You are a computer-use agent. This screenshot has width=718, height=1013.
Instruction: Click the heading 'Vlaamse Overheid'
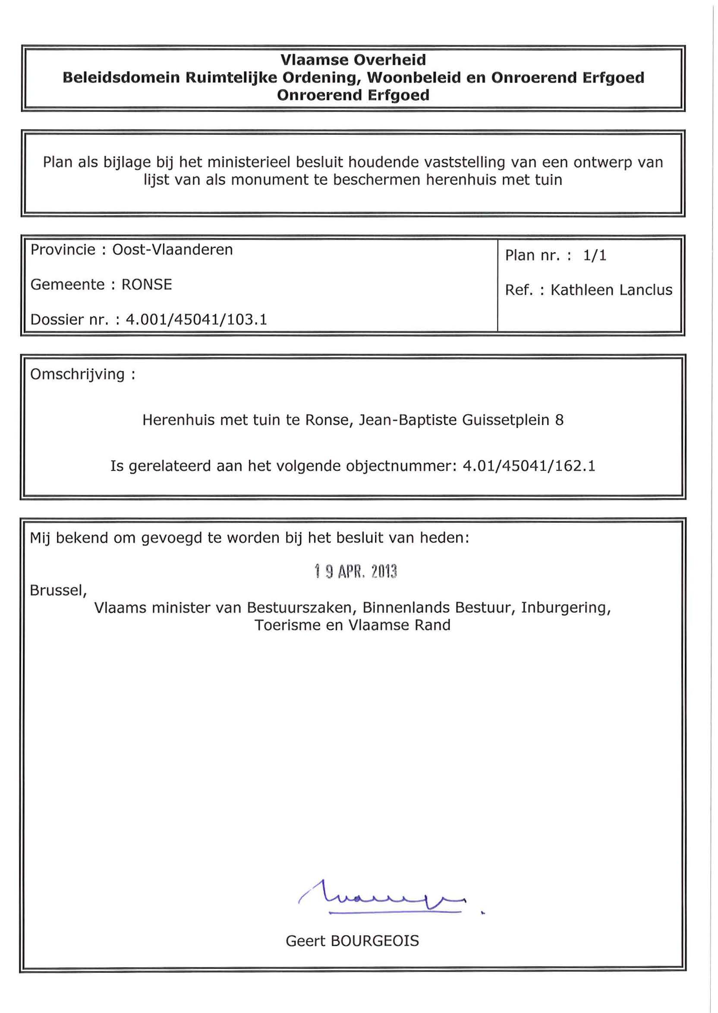coord(353,60)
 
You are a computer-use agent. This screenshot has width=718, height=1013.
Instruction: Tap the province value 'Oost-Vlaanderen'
coord(173,250)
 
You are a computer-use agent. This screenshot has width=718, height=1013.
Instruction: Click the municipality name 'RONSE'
coord(147,285)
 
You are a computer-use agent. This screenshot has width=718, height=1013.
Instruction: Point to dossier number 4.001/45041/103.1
coord(197,320)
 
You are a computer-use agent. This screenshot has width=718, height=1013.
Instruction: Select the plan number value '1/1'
coord(595,255)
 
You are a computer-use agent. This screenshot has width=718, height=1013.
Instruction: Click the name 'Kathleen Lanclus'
coord(611,290)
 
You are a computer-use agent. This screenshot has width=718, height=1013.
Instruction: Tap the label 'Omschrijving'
coord(77,375)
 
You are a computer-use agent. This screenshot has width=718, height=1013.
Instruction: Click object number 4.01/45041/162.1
coord(529,466)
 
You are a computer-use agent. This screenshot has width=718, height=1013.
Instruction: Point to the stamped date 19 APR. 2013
coord(356,572)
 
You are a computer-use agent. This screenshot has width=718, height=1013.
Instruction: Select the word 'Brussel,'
coord(58,591)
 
